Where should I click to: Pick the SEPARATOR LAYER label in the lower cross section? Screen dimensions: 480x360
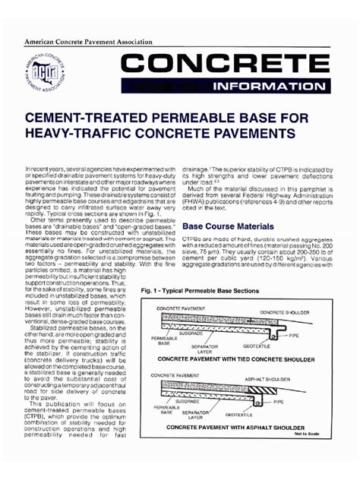[x=195, y=414]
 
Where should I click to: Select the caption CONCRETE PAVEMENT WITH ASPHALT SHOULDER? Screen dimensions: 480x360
[x=236, y=427]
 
